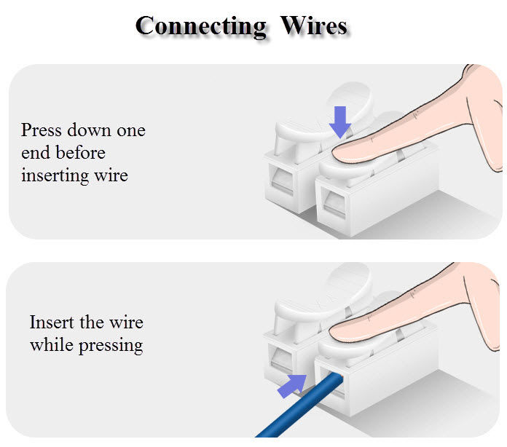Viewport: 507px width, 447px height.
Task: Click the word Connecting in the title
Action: pyautogui.click(x=201, y=27)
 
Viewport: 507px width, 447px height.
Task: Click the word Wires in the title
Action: pyautogui.click(x=314, y=25)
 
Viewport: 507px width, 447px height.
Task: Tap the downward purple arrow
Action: pyautogui.click(x=340, y=122)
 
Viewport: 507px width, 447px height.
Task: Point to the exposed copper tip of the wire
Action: pyautogui.click(x=340, y=375)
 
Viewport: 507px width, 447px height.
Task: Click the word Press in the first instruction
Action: pyautogui.click(x=41, y=131)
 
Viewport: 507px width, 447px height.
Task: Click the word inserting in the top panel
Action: pyautogui.click(x=55, y=176)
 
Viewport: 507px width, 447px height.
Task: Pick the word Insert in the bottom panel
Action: pyautogui.click(x=52, y=323)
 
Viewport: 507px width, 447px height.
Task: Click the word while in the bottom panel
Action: pyautogui.click(x=52, y=345)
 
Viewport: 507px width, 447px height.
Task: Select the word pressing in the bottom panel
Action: pyautogui.click(x=111, y=346)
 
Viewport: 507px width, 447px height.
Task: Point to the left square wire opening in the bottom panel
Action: pyautogui.click(x=280, y=359)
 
